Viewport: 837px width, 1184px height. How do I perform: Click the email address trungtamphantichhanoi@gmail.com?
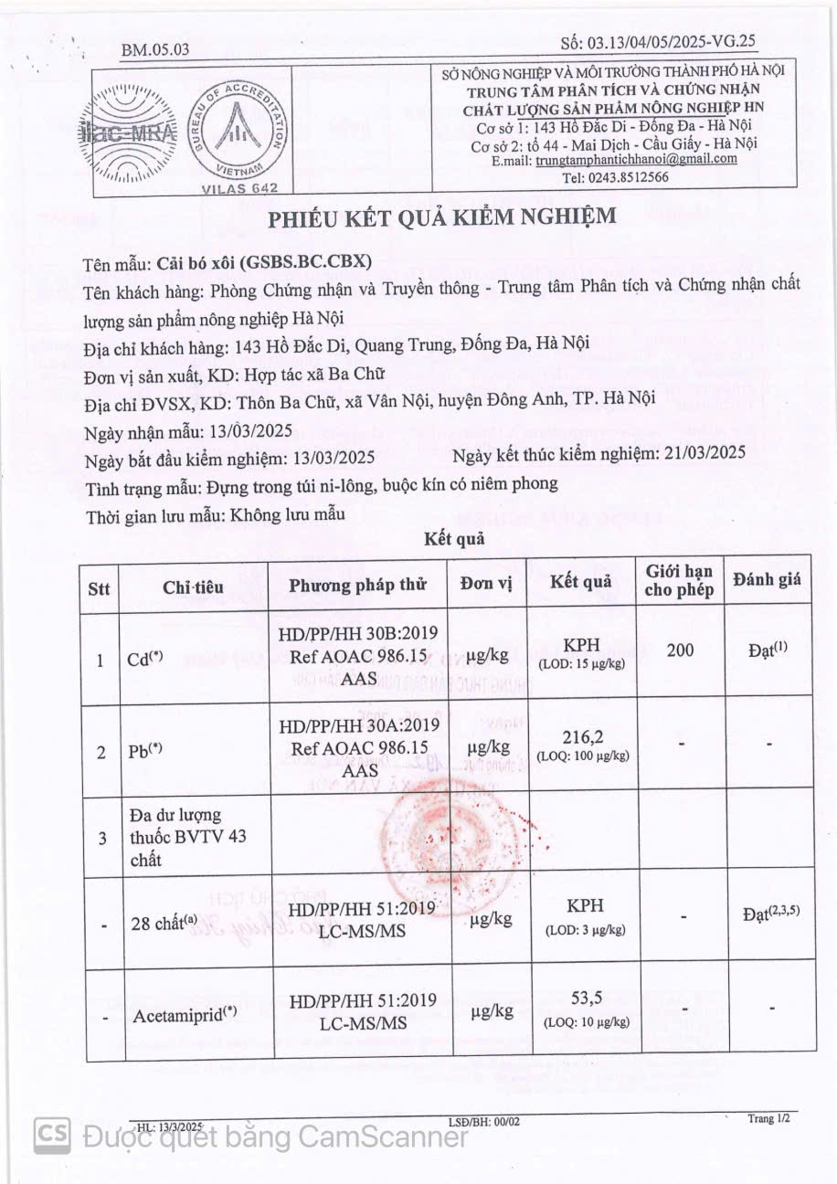(x=636, y=159)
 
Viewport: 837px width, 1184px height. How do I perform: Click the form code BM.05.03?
(x=155, y=49)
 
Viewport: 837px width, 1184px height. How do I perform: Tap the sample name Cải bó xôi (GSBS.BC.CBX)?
(x=264, y=260)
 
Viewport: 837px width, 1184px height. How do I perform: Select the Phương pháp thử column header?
(x=358, y=587)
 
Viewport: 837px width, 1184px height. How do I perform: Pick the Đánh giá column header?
(x=766, y=579)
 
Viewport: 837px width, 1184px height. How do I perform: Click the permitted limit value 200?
(x=680, y=650)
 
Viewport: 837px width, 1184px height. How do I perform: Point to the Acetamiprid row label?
(x=186, y=1015)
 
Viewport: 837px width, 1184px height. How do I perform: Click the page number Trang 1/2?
(x=768, y=1118)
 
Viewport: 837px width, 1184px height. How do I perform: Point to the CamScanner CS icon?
(x=53, y=1135)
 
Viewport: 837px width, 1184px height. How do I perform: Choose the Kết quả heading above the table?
(x=454, y=540)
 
